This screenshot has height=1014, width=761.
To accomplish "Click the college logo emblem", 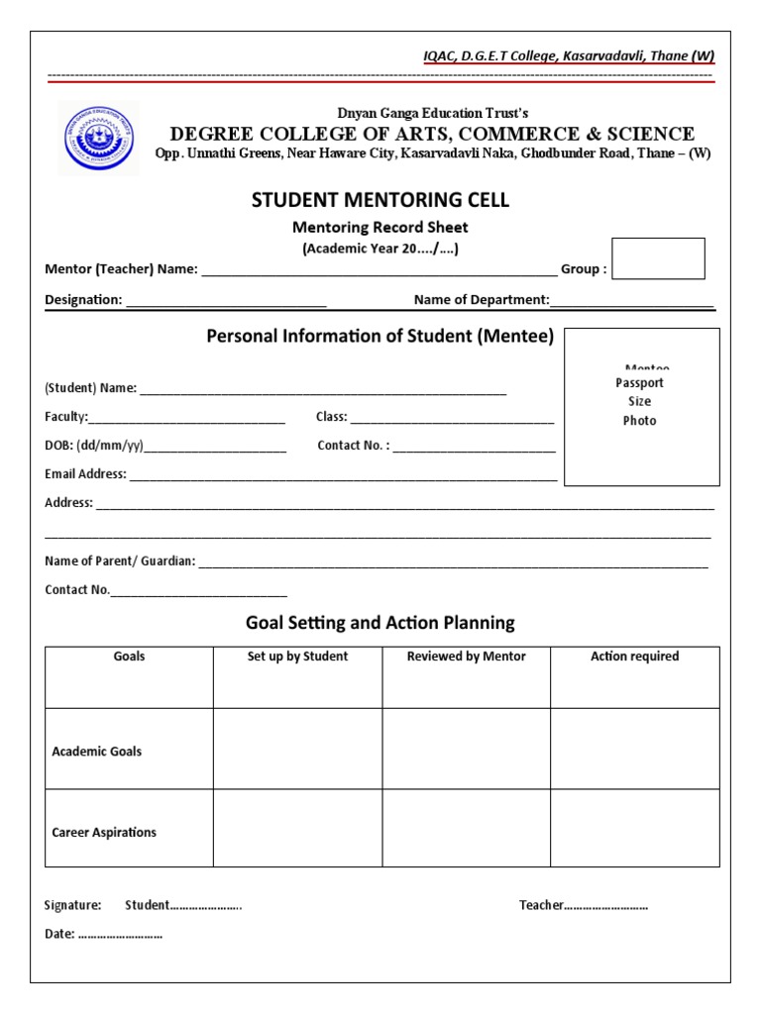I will pyautogui.click(x=98, y=138).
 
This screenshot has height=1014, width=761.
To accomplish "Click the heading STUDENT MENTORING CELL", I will pyautogui.click(x=380, y=200).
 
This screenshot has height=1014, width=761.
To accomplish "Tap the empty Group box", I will pyautogui.click(x=658, y=258).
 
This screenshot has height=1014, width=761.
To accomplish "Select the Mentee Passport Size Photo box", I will pyautogui.click(x=641, y=407).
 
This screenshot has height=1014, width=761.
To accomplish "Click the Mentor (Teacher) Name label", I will pyautogui.click(x=121, y=269).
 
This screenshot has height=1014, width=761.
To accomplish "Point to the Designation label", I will pyautogui.click(x=83, y=299).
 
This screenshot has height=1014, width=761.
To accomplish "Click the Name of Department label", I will pyautogui.click(x=481, y=299).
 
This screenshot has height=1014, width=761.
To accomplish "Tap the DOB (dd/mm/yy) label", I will pyautogui.click(x=94, y=446).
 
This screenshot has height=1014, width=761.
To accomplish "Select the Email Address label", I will pyautogui.click(x=85, y=474).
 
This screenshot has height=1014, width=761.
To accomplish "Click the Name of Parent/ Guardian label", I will pyautogui.click(x=120, y=561).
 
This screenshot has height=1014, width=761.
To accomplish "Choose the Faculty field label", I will pyautogui.click(x=66, y=417).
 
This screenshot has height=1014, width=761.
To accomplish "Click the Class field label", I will pyautogui.click(x=331, y=417).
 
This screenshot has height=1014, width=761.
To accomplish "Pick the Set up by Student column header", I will pyautogui.click(x=297, y=657).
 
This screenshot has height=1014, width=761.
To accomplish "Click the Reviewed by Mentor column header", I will pyautogui.click(x=466, y=657).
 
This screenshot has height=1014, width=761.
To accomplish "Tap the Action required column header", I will pyautogui.click(x=634, y=657).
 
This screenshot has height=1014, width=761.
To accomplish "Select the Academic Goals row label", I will pyautogui.click(x=96, y=752).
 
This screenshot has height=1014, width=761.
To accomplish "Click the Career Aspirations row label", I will pyautogui.click(x=104, y=833).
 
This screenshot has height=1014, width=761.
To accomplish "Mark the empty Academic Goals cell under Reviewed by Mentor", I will pyautogui.click(x=466, y=749).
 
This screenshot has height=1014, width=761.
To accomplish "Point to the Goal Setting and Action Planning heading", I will pyautogui.click(x=380, y=623).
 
